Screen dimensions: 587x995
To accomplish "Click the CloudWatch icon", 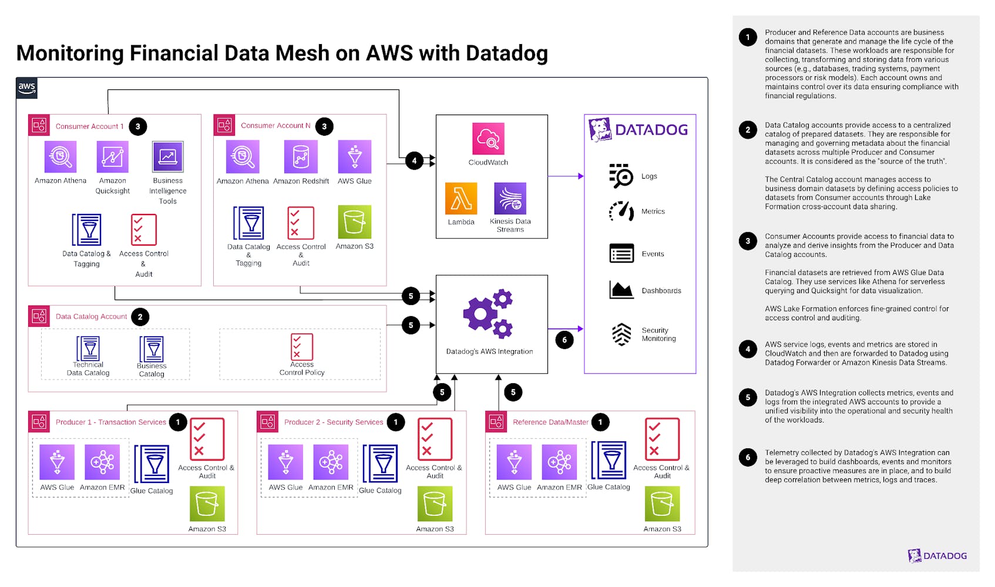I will (488, 138).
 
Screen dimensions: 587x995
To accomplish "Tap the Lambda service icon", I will (461, 199).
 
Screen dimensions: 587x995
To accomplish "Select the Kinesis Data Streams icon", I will (510, 199).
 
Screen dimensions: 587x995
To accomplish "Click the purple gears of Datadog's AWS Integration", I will (488, 314).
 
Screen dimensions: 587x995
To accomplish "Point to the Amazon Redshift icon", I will (301, 157).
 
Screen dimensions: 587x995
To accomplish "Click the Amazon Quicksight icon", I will (112, 157).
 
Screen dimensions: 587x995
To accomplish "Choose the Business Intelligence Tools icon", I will (167, 157).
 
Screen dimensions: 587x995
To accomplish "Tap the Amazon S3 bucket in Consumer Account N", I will (355, 222).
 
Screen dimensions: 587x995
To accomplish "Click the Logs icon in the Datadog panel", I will (621, 176).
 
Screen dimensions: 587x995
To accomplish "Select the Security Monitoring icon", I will (621, 334).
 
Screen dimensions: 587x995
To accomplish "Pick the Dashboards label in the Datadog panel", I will (661, 291).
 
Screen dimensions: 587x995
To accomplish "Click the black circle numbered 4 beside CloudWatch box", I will (414, 160).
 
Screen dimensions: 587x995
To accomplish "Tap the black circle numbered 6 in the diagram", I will (564, 340).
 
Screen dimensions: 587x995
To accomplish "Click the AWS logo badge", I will (27, 88).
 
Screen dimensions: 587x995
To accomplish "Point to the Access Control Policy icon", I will (302, 347).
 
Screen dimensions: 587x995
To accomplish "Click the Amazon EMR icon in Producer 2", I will (331, 462).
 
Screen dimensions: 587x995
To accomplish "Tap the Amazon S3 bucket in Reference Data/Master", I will (662, 504).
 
